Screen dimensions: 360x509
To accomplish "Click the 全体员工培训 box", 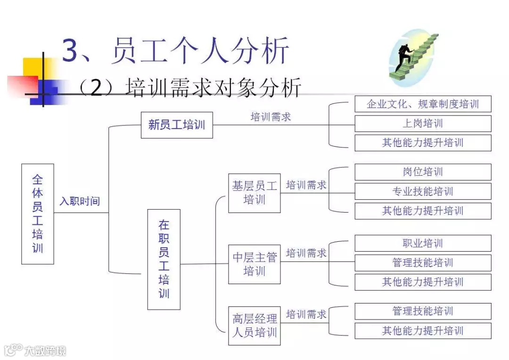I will (x=38, y=214).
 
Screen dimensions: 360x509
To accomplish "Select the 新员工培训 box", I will (x=177, y=125).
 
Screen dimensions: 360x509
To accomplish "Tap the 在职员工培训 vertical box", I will (x=164, y=259).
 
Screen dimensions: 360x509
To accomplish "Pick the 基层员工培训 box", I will (x=254, y=193).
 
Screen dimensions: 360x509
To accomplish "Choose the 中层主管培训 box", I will (x=254, y=264).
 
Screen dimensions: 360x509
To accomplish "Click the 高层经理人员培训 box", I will (x=254, y=326).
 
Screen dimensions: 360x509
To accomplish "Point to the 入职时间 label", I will (x=80, y=201).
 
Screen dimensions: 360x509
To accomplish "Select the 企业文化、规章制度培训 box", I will (x=423, y=104).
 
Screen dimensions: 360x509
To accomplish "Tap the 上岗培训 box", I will (x=423, y=123).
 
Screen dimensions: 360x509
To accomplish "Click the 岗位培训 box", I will (x=423, y=172).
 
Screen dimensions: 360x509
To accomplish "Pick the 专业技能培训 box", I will (x=423, y=191).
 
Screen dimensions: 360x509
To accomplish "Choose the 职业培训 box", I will (x=423, y=243).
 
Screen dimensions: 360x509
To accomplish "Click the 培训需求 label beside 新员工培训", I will (x=271, y=117).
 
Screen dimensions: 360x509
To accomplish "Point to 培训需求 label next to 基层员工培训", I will (x=306, y=185).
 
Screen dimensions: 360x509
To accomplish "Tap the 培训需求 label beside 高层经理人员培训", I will (x=306, y=314).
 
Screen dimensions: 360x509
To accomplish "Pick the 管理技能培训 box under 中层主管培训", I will (x=423, y=262).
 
